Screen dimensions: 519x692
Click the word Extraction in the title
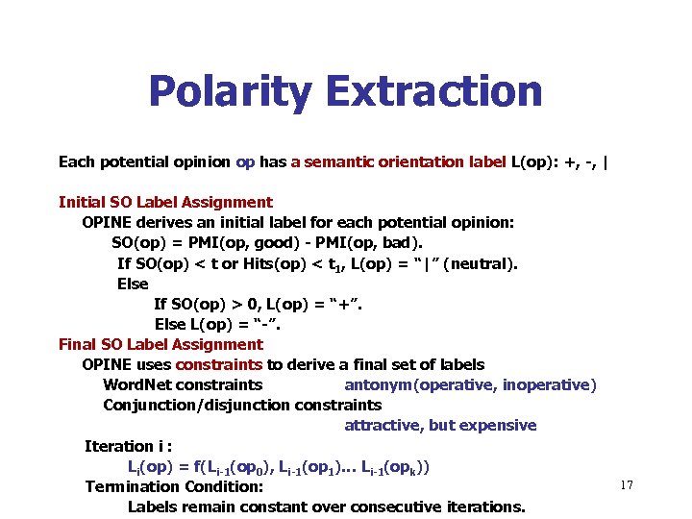tap(434, 92)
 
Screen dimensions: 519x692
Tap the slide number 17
tap(627, 485)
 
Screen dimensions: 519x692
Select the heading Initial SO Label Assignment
tap(165, 202)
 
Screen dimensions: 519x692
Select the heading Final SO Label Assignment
tap(161, 344)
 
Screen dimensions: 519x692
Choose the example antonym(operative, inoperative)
tap(470, 384)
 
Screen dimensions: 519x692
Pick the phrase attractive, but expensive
tap(440, 425)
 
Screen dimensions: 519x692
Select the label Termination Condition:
tap(174, 486)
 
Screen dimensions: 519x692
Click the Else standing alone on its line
tap(133, 284)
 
